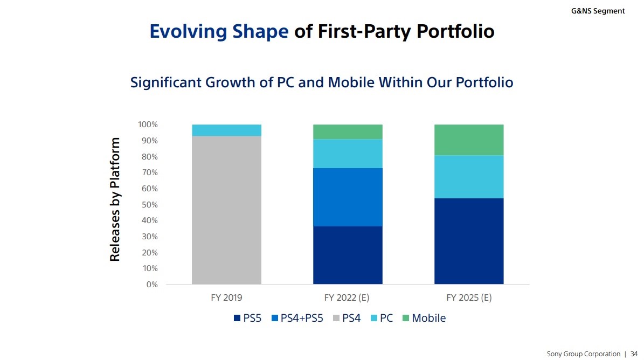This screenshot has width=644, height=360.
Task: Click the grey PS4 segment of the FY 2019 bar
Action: click(226, 210)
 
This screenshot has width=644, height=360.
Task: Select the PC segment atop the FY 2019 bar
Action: click(226, 130)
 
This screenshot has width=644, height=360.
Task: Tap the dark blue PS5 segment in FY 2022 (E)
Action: click(348, 255)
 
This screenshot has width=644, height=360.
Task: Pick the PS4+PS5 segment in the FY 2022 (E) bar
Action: click(348, 197)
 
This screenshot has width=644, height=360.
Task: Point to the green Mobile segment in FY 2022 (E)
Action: click(348, 132)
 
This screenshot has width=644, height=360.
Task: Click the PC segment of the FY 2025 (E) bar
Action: click(469, 177)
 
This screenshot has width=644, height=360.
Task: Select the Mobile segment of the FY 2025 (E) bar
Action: click(469, 140)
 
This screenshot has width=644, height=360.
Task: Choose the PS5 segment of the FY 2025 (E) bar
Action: click(469, 241)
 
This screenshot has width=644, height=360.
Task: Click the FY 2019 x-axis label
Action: click(226, 297)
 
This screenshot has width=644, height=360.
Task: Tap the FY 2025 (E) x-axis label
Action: click(469, 297)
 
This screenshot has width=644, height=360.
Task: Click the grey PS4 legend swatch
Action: click(337, 319)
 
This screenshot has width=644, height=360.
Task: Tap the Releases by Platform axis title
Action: click(115, 199)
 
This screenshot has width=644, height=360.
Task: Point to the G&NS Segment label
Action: click(598, 11)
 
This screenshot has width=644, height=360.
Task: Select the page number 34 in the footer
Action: click(634, 354)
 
